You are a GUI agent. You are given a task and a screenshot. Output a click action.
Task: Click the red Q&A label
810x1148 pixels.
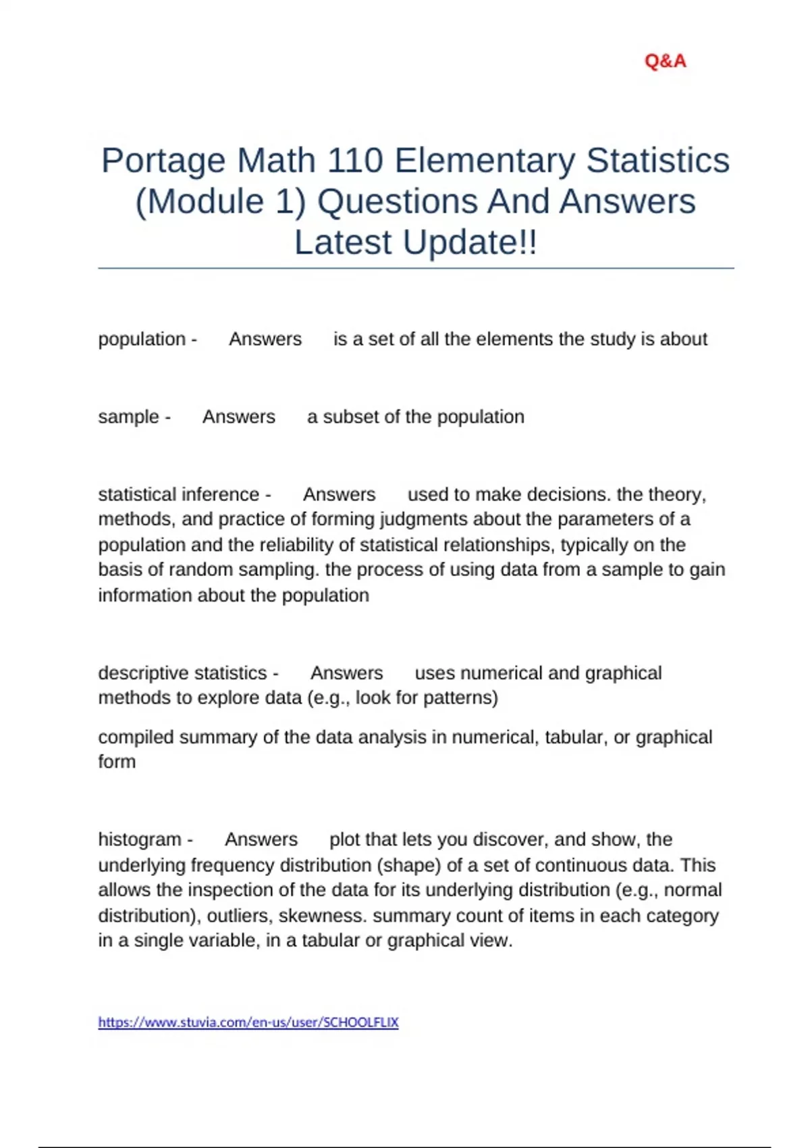(665, 61)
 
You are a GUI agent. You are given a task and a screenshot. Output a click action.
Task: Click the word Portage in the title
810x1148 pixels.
(163, 161)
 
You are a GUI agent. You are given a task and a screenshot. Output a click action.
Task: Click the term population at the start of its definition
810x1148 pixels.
(142, 339)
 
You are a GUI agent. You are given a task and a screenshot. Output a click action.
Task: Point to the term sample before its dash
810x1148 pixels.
(128, 417)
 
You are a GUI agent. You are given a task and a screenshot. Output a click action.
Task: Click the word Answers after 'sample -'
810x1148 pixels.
(239, 417)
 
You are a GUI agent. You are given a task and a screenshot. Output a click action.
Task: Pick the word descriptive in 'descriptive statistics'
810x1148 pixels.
(140, 673)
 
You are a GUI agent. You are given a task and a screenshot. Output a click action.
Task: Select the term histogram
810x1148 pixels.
(140, 839)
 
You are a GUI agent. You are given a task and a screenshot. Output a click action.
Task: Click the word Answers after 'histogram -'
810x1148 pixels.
(261, 839)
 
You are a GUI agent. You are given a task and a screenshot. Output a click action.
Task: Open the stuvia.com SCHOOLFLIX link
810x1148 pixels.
(248, 1022)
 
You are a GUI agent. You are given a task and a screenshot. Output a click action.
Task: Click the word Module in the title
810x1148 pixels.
(207, 202)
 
